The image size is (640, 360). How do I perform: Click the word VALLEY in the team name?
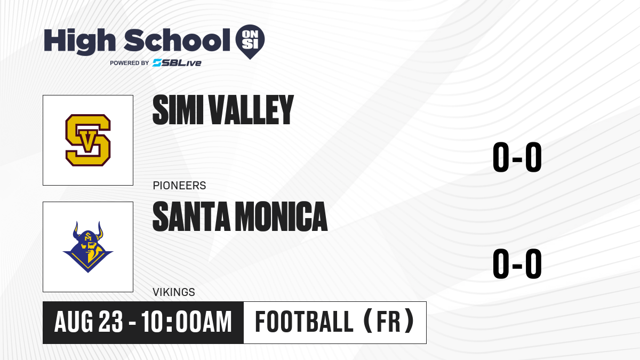(x=251, y=110)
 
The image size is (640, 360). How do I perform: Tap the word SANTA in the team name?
(x=191, y=217)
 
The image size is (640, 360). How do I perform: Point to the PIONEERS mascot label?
(x=179, y=186)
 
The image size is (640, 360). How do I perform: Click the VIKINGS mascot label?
(x=174, y=292)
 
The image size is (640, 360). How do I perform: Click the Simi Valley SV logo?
(x=88, y=140)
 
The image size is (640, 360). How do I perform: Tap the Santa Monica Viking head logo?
(x=88, y=247)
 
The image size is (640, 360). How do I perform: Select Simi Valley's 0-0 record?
(x=517, y=157)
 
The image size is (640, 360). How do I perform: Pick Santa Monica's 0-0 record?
(x=517, y=263)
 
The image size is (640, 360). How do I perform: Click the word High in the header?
(x=79, y=42)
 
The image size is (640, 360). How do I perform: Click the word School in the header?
(x=177, y=40)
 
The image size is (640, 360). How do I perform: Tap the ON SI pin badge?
(x=250, y=42)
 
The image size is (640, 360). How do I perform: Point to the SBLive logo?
(x=177, y=63)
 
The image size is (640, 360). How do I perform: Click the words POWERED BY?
(x=130, y=63)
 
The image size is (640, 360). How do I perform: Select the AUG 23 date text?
(x=89, y=322)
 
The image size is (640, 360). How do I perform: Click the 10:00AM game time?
(x=186, y=322)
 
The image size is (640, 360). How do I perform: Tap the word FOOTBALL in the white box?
(x=305, y=322)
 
